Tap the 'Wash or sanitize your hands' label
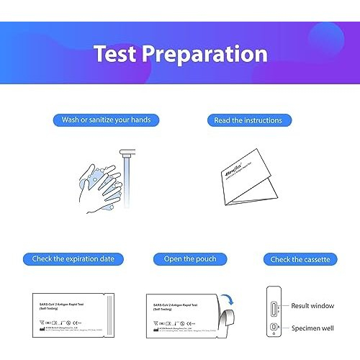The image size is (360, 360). click(106, 120)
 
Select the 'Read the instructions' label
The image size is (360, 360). click(248, 120)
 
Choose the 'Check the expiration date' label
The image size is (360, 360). click(73, 258)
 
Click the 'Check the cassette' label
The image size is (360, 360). click(300, 258)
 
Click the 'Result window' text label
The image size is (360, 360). click(312, 306)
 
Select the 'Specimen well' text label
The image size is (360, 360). click(312, 328)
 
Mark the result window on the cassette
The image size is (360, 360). click(272, 308)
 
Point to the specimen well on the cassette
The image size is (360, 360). click(272, 328)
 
